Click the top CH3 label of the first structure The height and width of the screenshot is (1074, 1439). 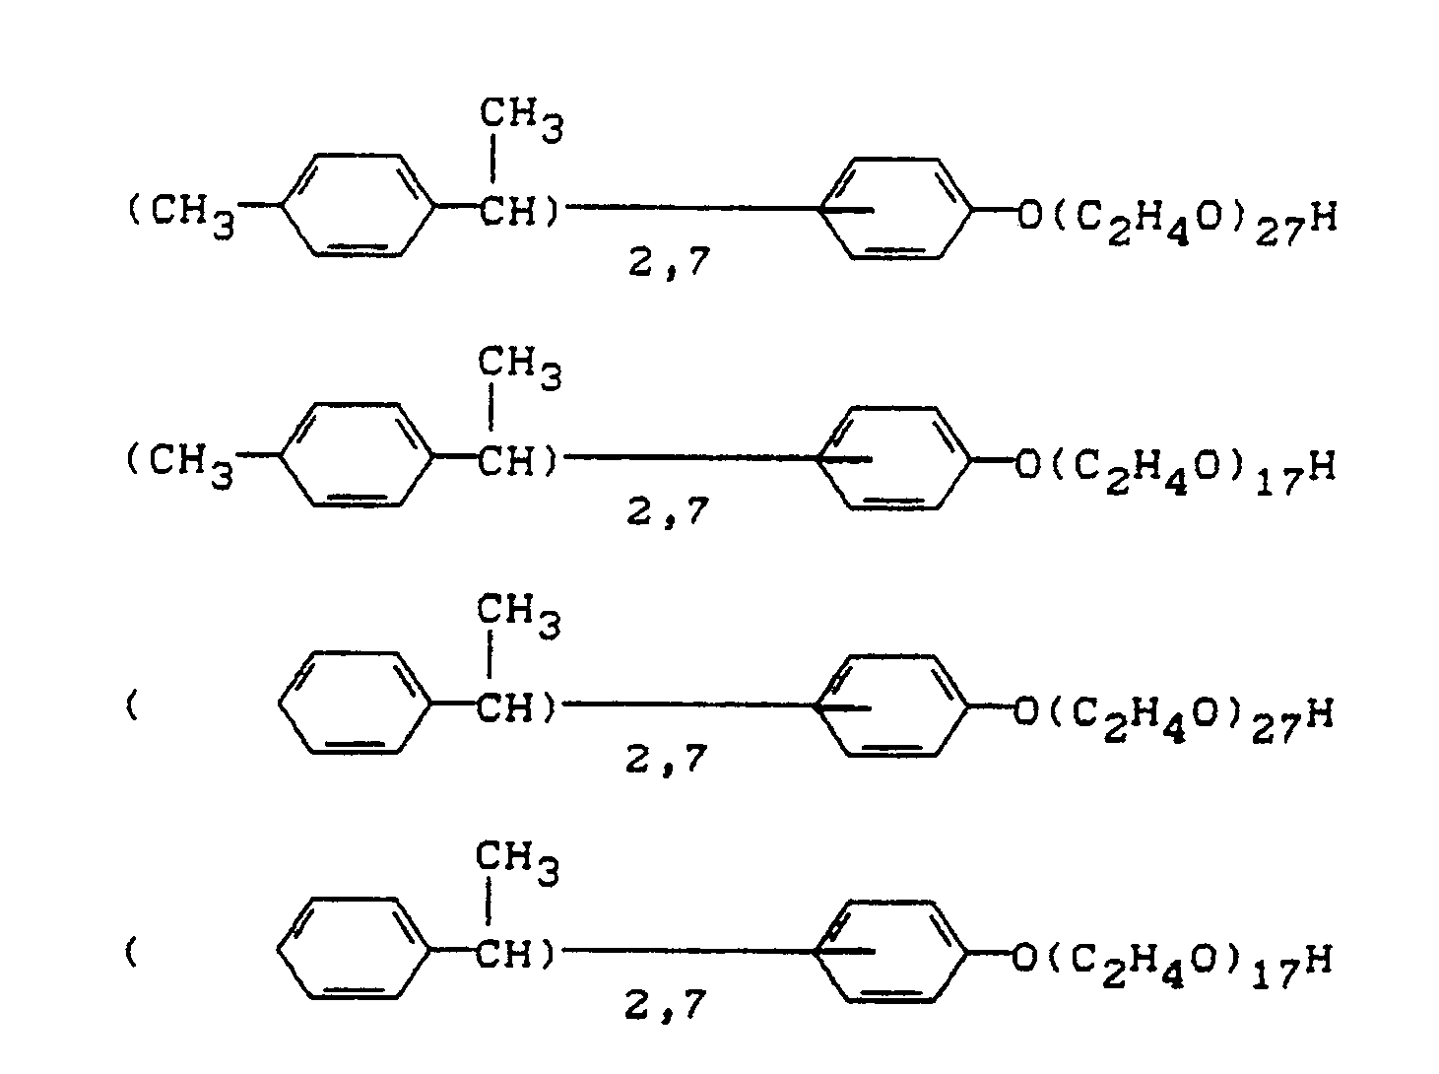[x=521, y=120]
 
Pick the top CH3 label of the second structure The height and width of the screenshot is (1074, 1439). [x=520, y=369]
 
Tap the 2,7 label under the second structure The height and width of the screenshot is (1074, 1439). [x=668, y=512]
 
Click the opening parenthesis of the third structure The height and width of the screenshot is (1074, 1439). [x=131, y=708]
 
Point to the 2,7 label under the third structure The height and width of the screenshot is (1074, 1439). [x=667, y=760]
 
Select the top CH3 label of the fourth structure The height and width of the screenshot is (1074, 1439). [x=517, y=863]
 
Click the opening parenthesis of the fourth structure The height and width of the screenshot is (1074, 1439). [x=131, y=954]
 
